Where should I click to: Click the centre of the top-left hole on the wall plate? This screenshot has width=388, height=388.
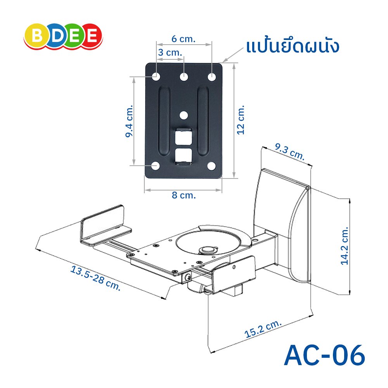156,76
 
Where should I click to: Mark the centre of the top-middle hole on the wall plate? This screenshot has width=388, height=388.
184,77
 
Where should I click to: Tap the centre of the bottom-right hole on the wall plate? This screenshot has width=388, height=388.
211,166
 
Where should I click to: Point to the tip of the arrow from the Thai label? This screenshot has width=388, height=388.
222,62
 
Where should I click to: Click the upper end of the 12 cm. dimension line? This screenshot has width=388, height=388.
234,63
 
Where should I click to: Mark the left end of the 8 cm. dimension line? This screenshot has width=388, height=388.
145,190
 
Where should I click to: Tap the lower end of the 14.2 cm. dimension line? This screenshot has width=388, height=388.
350,294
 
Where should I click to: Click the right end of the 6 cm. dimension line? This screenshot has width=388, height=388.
211,45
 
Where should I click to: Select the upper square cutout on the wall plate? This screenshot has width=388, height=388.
184,136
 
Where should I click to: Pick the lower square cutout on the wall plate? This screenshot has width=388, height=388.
184,156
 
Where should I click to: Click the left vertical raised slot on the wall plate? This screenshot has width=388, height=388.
164,121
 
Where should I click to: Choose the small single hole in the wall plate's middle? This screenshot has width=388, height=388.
184,115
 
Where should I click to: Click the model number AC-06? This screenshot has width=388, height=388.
324,355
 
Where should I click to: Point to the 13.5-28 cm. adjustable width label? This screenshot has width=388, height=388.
95,278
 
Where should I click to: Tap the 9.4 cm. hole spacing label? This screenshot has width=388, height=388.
129,121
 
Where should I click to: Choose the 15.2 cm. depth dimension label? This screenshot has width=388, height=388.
263,329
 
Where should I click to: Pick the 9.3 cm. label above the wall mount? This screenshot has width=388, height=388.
290,151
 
